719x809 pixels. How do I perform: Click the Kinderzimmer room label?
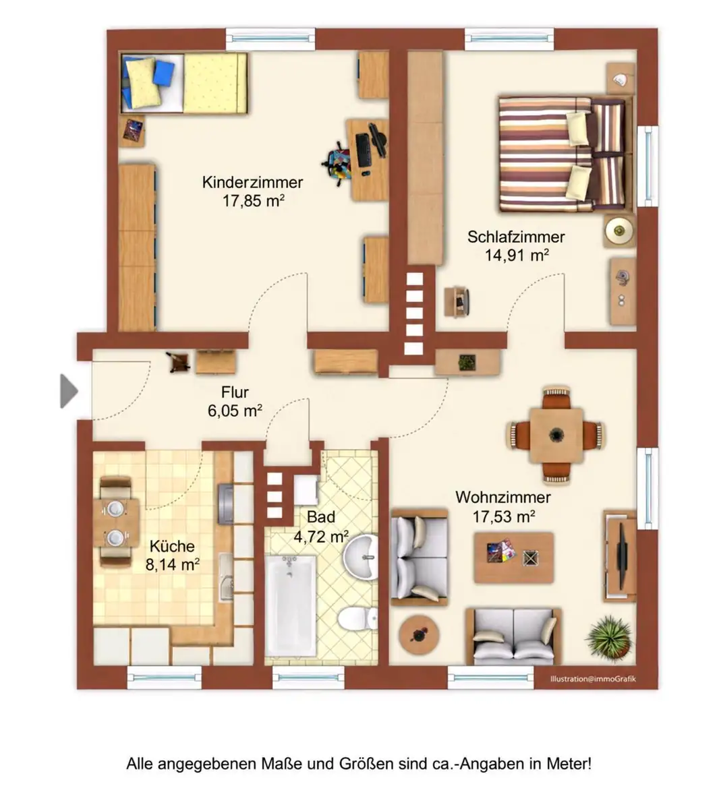point(252,182)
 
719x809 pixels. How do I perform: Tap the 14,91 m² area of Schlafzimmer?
point(517,255)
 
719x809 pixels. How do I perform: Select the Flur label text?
point(235,392)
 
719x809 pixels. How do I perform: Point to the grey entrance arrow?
point(69,391)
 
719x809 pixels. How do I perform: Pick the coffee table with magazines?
point(514,558)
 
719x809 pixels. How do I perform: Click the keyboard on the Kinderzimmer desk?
point(363,150)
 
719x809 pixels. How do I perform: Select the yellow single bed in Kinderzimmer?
point(183,83)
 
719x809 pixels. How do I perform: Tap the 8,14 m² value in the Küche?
point(173,565)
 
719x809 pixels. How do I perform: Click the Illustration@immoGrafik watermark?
point(593,678)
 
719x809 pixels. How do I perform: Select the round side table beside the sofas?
point(419,634)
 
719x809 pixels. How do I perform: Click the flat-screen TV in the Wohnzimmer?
point(621,556)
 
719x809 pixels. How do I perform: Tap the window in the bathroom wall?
point(308,678)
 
